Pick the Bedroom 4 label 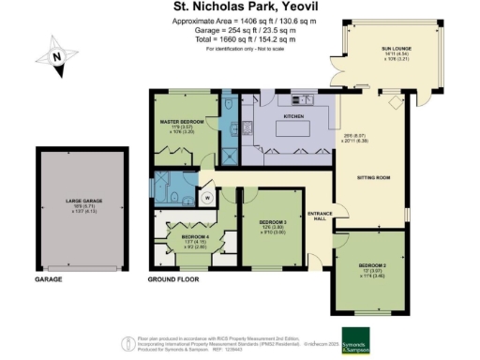pos(186,236)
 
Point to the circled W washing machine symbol pos(206,198)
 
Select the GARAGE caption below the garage pos(49,279)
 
